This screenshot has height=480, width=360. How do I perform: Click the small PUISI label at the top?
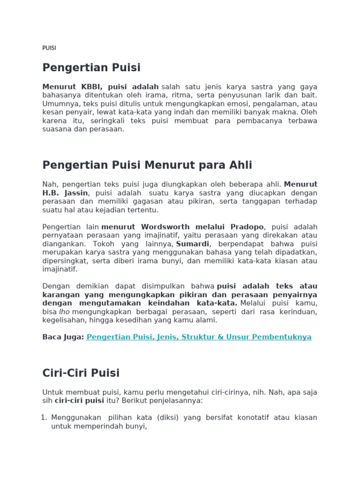[49, 48]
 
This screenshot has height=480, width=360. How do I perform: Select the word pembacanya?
[254, 120]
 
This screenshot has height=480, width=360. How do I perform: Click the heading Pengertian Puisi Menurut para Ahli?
[147, 165]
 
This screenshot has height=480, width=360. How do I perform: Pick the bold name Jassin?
[77, 193]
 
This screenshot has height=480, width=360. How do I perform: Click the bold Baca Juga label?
[63, 337]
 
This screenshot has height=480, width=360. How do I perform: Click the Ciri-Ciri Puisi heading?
[81, 373]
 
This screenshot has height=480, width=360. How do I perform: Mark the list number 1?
[45, 417]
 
